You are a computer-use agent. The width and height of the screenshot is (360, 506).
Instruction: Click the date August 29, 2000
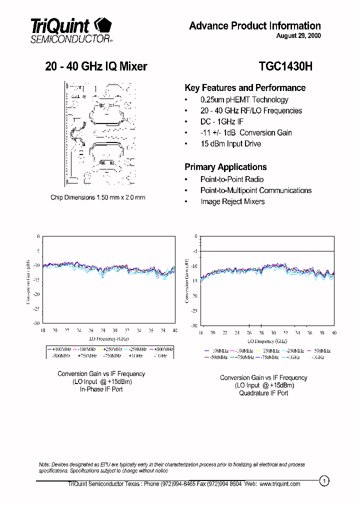pos(298,36)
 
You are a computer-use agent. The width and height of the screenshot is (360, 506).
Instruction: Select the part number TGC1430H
pos(285,66)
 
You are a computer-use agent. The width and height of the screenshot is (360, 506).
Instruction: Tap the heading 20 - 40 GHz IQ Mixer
pos(96,66)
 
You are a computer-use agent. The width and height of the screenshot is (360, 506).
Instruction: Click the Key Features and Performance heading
pos(245,88)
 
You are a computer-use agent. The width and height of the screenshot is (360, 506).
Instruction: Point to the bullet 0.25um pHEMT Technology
pos(244,99)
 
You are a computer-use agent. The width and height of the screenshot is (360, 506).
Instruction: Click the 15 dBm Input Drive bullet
pos(230,143)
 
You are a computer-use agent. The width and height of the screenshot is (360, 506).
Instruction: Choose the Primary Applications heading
pos(225,167)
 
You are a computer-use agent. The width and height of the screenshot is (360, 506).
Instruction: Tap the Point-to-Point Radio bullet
pos(232,179)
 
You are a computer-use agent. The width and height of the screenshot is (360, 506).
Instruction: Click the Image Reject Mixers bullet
pos(232,201)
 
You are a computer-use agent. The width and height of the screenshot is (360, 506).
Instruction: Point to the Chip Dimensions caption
pos(98,197)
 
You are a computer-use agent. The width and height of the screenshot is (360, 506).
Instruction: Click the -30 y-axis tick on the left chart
pos(36,323)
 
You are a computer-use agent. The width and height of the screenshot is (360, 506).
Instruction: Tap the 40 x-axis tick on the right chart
pos(333,332)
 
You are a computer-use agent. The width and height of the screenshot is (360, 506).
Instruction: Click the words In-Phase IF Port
pos(101,389)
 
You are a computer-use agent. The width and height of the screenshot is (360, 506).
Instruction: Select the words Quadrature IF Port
pos(263,393)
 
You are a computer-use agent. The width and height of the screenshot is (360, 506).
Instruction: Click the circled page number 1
pos(324,481)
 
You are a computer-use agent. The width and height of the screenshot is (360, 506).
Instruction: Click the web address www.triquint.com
pos(280,483)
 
